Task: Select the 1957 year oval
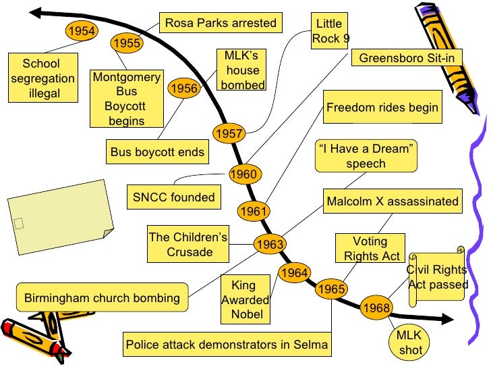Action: (229, 134)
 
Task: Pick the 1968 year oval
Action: (376, 308)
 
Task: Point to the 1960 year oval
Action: (243, 174)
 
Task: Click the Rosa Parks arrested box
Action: (221, 23)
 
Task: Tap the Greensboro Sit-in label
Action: (406, 58)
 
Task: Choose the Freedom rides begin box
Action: (382, 107)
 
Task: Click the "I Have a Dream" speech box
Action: (366, 155)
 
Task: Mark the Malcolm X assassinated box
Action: (393, 201)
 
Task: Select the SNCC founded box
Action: (173, 197)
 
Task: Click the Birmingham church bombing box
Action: (102, 297)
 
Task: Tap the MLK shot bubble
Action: (409, 343)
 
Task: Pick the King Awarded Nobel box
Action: (246, 300)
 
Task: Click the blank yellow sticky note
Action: (58, 210)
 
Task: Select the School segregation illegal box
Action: (41, 78)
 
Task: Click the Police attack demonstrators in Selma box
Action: (227, 345)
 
